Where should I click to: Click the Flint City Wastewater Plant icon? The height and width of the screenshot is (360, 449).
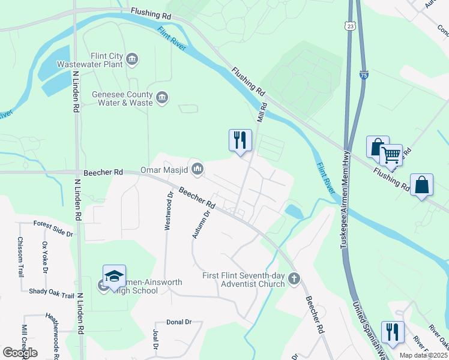[x=132, y=58]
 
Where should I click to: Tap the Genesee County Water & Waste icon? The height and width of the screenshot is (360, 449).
[x=161, y=98]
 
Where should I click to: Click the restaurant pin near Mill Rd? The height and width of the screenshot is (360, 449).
[x=240, y=141]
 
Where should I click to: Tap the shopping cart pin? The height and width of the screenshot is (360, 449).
[x=391, y=155]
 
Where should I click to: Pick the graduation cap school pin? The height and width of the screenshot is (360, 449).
[x=114, y=277]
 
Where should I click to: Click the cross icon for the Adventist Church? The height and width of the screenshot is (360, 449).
[x=294, y=278]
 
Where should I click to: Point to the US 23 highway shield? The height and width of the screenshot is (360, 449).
[x=351, y=26]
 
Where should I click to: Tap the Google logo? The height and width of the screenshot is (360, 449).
[x=20, y=353]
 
